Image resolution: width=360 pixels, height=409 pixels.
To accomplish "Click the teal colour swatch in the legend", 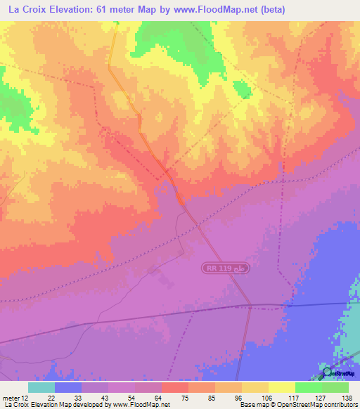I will tap(41, 387).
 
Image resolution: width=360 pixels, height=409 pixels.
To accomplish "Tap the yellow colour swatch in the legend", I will tap(282, 387).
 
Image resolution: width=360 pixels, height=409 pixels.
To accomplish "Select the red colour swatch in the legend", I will tap(174, 387).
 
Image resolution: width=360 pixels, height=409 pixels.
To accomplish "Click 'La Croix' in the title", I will tap(24, 10).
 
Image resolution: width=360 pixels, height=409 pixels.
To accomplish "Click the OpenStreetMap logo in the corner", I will tap(326, 372).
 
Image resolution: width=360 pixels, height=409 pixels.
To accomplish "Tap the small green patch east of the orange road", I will tap(241, 89).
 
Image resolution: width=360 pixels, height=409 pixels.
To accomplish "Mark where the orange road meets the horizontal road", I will tap(251, 306).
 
